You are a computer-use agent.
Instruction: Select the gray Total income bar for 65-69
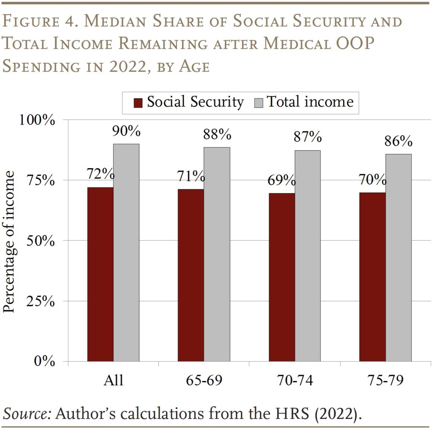(217, 254)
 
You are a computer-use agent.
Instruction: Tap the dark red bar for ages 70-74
(281, 277)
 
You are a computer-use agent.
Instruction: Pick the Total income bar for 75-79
(398, 257)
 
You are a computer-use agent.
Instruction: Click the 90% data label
(126, 131)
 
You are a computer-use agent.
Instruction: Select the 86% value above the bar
(398, 142)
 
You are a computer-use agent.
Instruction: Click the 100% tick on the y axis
(38, 120)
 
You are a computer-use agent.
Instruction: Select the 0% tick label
(44, 362)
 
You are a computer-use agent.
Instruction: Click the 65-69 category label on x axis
(204, 380)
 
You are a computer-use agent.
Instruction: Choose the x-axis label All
(113, 380)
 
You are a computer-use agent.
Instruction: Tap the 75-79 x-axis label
(385, 380)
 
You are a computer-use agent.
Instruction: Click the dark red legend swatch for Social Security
(138, 103)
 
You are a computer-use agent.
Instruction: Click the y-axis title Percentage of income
(9, 242)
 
